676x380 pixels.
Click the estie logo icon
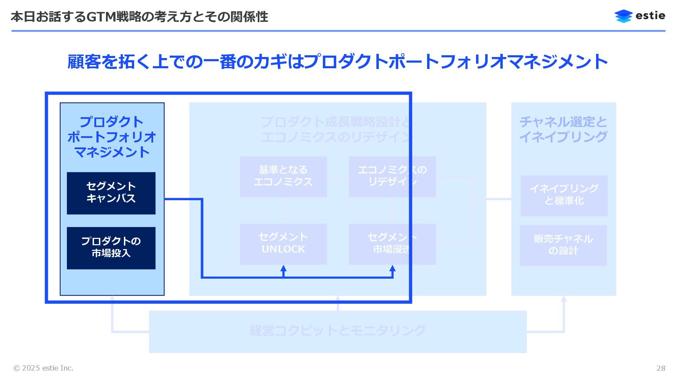(x=624, y=16)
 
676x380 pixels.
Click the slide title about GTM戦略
(x=139, y=17)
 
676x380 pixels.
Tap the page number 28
(x=661, y=368)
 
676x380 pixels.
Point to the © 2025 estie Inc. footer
(x=43, y=368)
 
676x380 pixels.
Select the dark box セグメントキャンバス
(x=111, y=193)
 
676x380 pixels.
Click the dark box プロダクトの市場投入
(x=111, y=248)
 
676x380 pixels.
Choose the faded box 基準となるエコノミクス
(x=283, y=176)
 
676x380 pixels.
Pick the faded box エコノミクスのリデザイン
(x=392, y=176)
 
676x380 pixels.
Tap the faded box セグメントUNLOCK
(x=283, y=243)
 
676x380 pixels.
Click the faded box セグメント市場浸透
(x=392, y=243)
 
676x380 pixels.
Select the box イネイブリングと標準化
(x=564, y=195)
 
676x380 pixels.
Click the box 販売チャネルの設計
(x=563, y=245)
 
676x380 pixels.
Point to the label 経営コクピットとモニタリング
(x=338, y=330)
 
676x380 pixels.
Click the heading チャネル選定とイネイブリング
(x=563, y=129)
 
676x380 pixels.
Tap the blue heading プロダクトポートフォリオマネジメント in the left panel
(x=112, y=137)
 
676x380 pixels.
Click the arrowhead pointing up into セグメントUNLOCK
(x=283, y=269)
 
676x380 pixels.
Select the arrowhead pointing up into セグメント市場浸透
(x=393, y=269)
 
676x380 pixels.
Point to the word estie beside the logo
(x=650, y=16)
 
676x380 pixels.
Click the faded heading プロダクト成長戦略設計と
(x=336, y=122)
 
